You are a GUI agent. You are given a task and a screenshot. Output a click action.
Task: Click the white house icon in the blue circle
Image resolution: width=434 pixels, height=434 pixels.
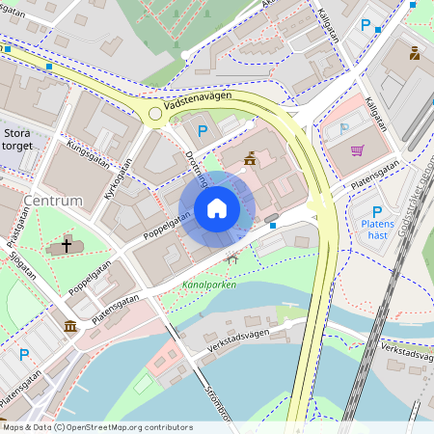click(x=217, y=208)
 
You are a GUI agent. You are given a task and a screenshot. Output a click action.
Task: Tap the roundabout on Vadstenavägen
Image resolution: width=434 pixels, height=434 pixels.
click(x=154, y=114)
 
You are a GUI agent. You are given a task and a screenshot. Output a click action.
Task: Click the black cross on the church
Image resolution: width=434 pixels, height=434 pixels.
click(x=67, y=246)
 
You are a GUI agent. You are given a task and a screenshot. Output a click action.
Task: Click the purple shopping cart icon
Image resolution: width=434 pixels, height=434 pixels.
click(x=358, y=149)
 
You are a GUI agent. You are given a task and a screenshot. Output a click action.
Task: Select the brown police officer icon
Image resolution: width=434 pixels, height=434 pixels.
click(x=415, y=54)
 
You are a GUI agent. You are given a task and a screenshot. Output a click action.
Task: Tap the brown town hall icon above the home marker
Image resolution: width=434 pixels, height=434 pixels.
click(x=250, y=158)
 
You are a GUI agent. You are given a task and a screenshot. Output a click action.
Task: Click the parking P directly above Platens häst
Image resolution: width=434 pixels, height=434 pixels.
click(x=377, y=212)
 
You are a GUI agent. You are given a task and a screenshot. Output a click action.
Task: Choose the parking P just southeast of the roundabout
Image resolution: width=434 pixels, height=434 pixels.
click(x=202, y=131)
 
